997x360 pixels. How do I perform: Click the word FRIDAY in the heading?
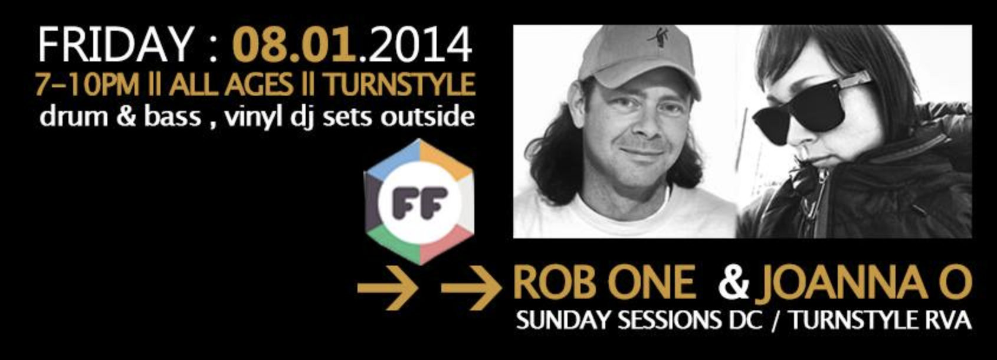[115, 44]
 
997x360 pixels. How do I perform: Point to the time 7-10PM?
[87, 84]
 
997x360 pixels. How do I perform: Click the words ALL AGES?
[231, 84]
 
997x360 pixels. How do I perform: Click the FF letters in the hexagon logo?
[419, 203]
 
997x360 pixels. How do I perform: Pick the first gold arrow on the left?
[387, 288]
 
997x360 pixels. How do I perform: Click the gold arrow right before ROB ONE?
[471, 288]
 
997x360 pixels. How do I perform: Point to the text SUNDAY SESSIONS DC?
[639, 320]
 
